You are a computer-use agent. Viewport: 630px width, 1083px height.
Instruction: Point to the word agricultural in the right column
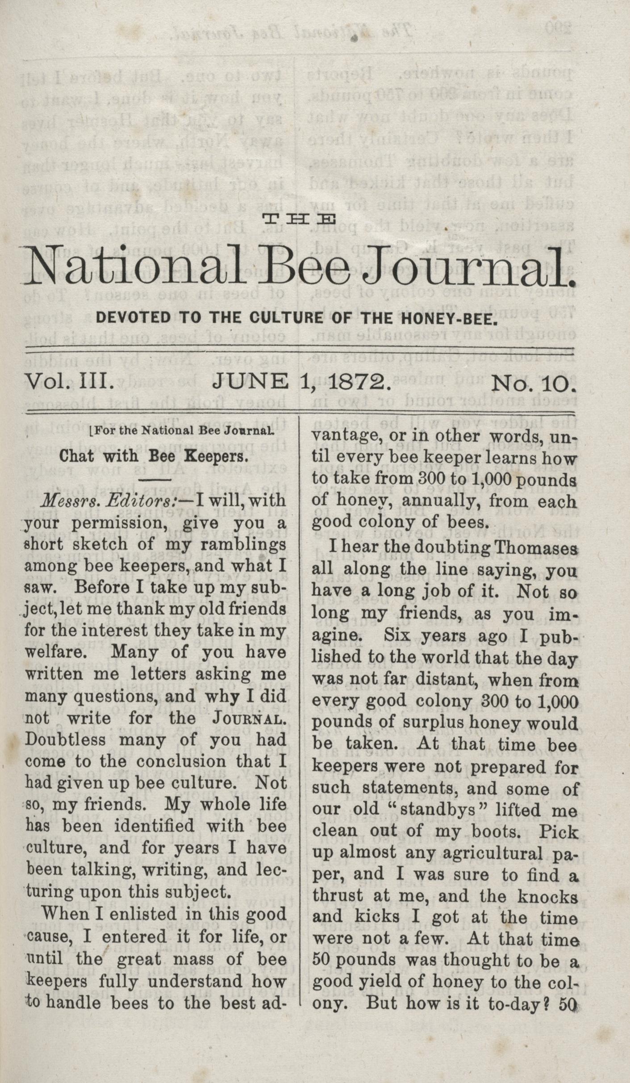pyautogui.click(x=484, y=853)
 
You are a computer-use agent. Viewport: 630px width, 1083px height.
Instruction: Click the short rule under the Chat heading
pyautogui.click(x=155, y=480)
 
